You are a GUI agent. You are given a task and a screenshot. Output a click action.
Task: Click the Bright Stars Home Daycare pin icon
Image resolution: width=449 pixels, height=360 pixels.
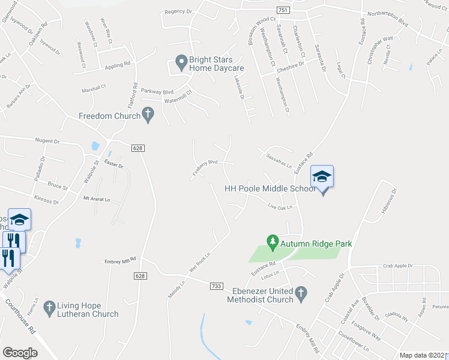pos(179,61)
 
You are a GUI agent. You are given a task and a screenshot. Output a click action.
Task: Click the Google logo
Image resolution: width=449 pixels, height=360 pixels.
pos(20,352)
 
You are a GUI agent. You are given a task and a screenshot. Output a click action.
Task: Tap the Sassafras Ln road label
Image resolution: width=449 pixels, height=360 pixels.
pos(278,159)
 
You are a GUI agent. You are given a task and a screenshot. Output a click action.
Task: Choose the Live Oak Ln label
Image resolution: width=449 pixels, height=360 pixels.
pos(280,208)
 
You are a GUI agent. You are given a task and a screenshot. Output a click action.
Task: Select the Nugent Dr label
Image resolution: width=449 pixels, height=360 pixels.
pos(48,142)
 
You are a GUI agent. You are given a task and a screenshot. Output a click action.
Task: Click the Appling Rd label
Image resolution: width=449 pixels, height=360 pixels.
pos(118,65)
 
